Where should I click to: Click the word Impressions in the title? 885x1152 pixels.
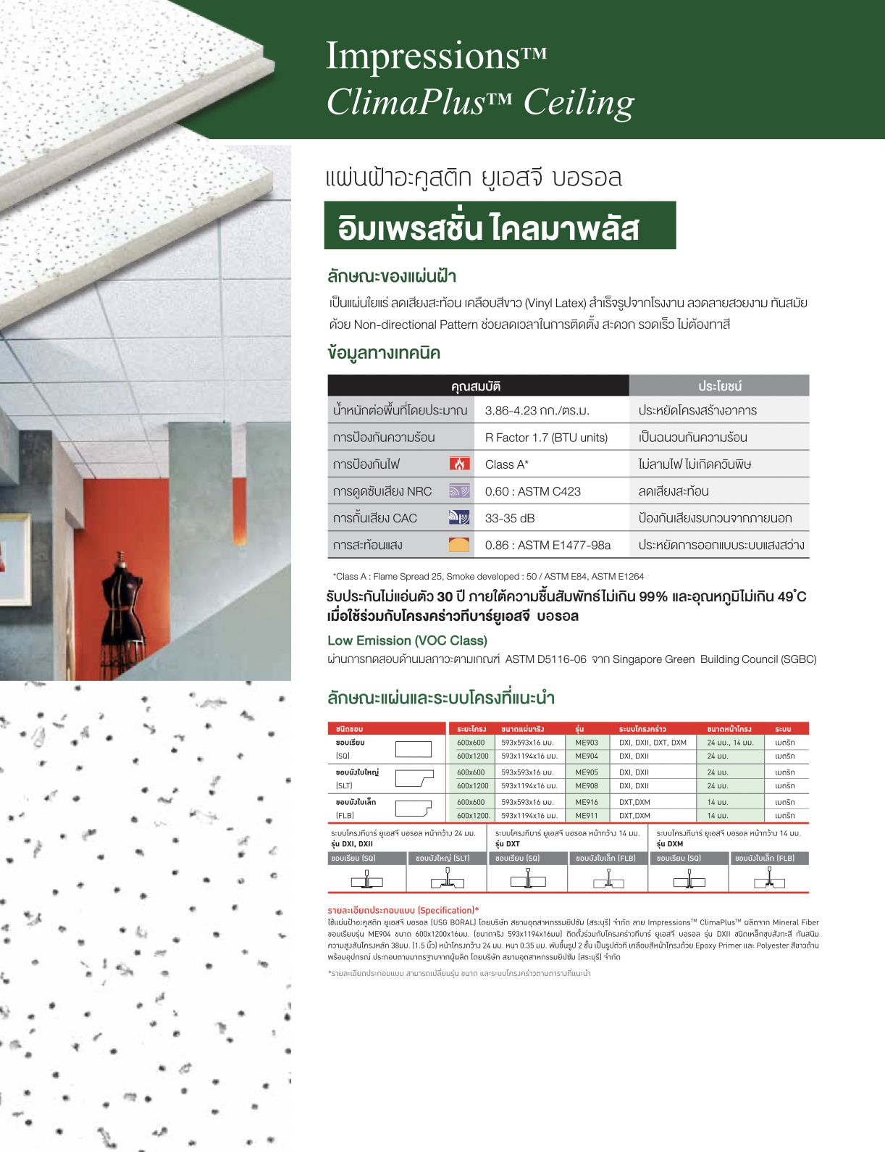pyautogui.click(x=422, y=56)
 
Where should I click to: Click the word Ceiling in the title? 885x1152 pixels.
pyautogui.click(x=579, y=102)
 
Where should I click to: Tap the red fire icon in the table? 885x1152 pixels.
pyautogui.click(x=459, y=464)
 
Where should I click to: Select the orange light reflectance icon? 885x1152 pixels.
pyautogui.click(x=459, y=545)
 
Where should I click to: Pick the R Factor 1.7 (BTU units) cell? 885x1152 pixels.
pyautogui.click(x=546, y=438)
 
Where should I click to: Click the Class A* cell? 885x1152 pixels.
pyautogui.click(x=506, y=464)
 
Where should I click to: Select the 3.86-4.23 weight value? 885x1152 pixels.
pyautogui.click(x=537, y=411)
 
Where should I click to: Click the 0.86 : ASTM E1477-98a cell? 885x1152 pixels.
pyautogui.click(x=548, y=545)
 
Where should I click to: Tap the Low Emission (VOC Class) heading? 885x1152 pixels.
pyautogui.click(x=407, y=640)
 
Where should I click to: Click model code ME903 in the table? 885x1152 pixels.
pyautogui.click(x=587, y=743)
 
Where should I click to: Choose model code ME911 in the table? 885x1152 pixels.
pyautogui.click(x=587, y=816)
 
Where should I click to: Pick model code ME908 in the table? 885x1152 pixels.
pyautogui.click(x=587, y=786)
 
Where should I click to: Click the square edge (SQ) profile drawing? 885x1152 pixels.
pyautogui.click(x=413, y=749)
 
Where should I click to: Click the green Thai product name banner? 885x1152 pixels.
pyautogui.click(x=500, y=226)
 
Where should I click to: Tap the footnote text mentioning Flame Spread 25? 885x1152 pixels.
pyautogui.click(x=488, y=577)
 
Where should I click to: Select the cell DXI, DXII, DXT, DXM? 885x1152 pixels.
pyautogui.click(x=653, y=743)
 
